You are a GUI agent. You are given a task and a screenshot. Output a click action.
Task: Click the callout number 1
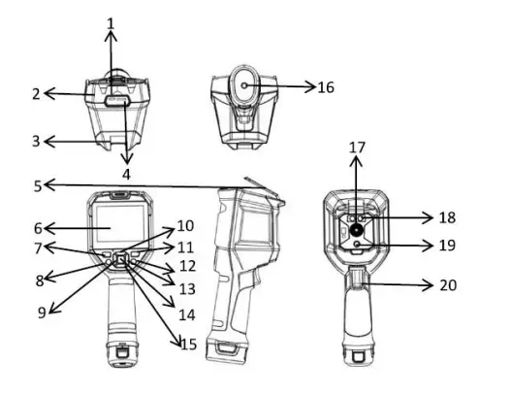click(x=110, y=21)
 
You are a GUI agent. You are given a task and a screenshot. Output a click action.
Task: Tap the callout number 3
click(x=35, y=142)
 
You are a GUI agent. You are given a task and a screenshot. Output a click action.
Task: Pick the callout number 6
click(x=37, y=229)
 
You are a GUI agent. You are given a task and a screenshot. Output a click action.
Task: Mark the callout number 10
click(x=183, y=229)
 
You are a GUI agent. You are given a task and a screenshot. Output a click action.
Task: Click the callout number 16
click(x=326, y=87)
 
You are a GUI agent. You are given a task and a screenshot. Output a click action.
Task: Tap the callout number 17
click(x=357, y=148)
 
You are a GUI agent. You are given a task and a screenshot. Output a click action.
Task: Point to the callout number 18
click(x=446, y=217)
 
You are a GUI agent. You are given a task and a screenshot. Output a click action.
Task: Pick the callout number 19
click(x=446, y=247)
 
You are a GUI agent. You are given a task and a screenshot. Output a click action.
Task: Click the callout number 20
click(x=447, y=285)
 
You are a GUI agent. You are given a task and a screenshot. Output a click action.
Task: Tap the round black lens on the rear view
click(x=358, y=231)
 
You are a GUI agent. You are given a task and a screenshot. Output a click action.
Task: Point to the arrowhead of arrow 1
click(x=110, y=32)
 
